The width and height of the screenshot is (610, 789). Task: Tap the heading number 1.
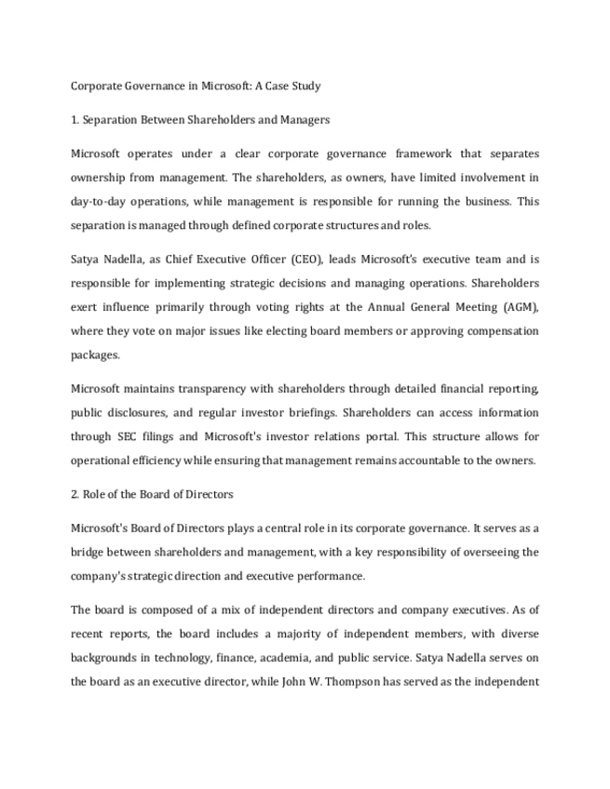pyautogui.click(x=74, y=120)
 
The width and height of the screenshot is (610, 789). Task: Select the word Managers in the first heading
pyautogui.click(x=304, y=120)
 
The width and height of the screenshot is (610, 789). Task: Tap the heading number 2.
pyautogui.click(x=75, y=494)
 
